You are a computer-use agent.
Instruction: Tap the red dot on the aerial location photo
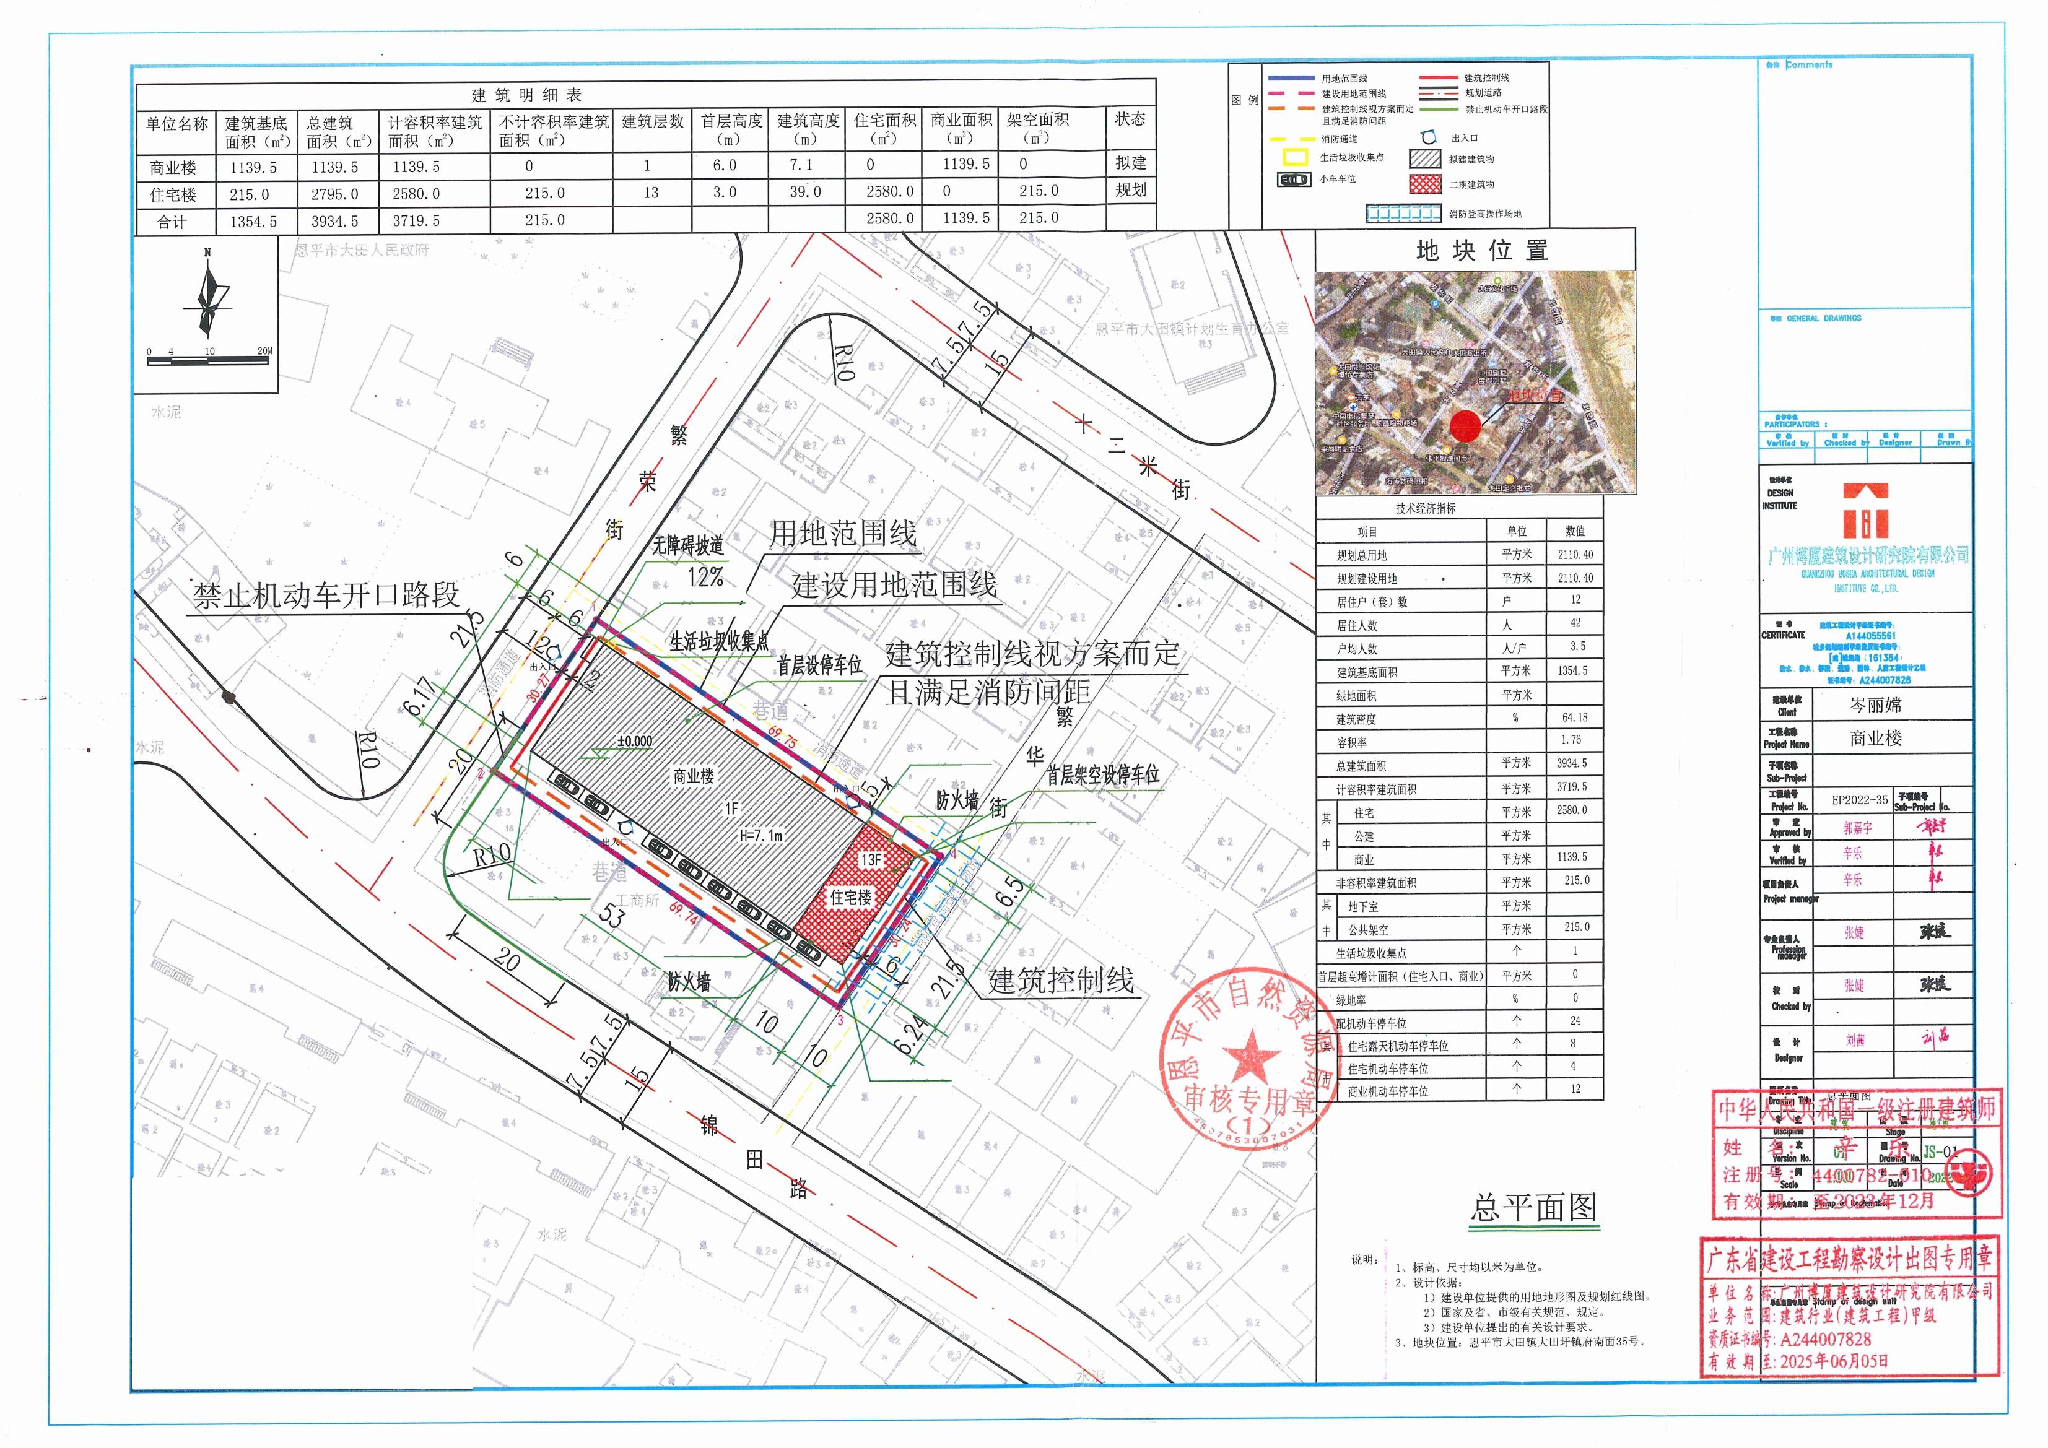pos(1465,426)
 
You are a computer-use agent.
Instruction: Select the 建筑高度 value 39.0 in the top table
pos(804,193)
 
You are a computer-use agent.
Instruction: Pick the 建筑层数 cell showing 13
pos(651,193)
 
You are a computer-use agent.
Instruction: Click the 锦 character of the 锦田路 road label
pos(709,1125)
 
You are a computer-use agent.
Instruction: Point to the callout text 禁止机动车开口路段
pos(326,595)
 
